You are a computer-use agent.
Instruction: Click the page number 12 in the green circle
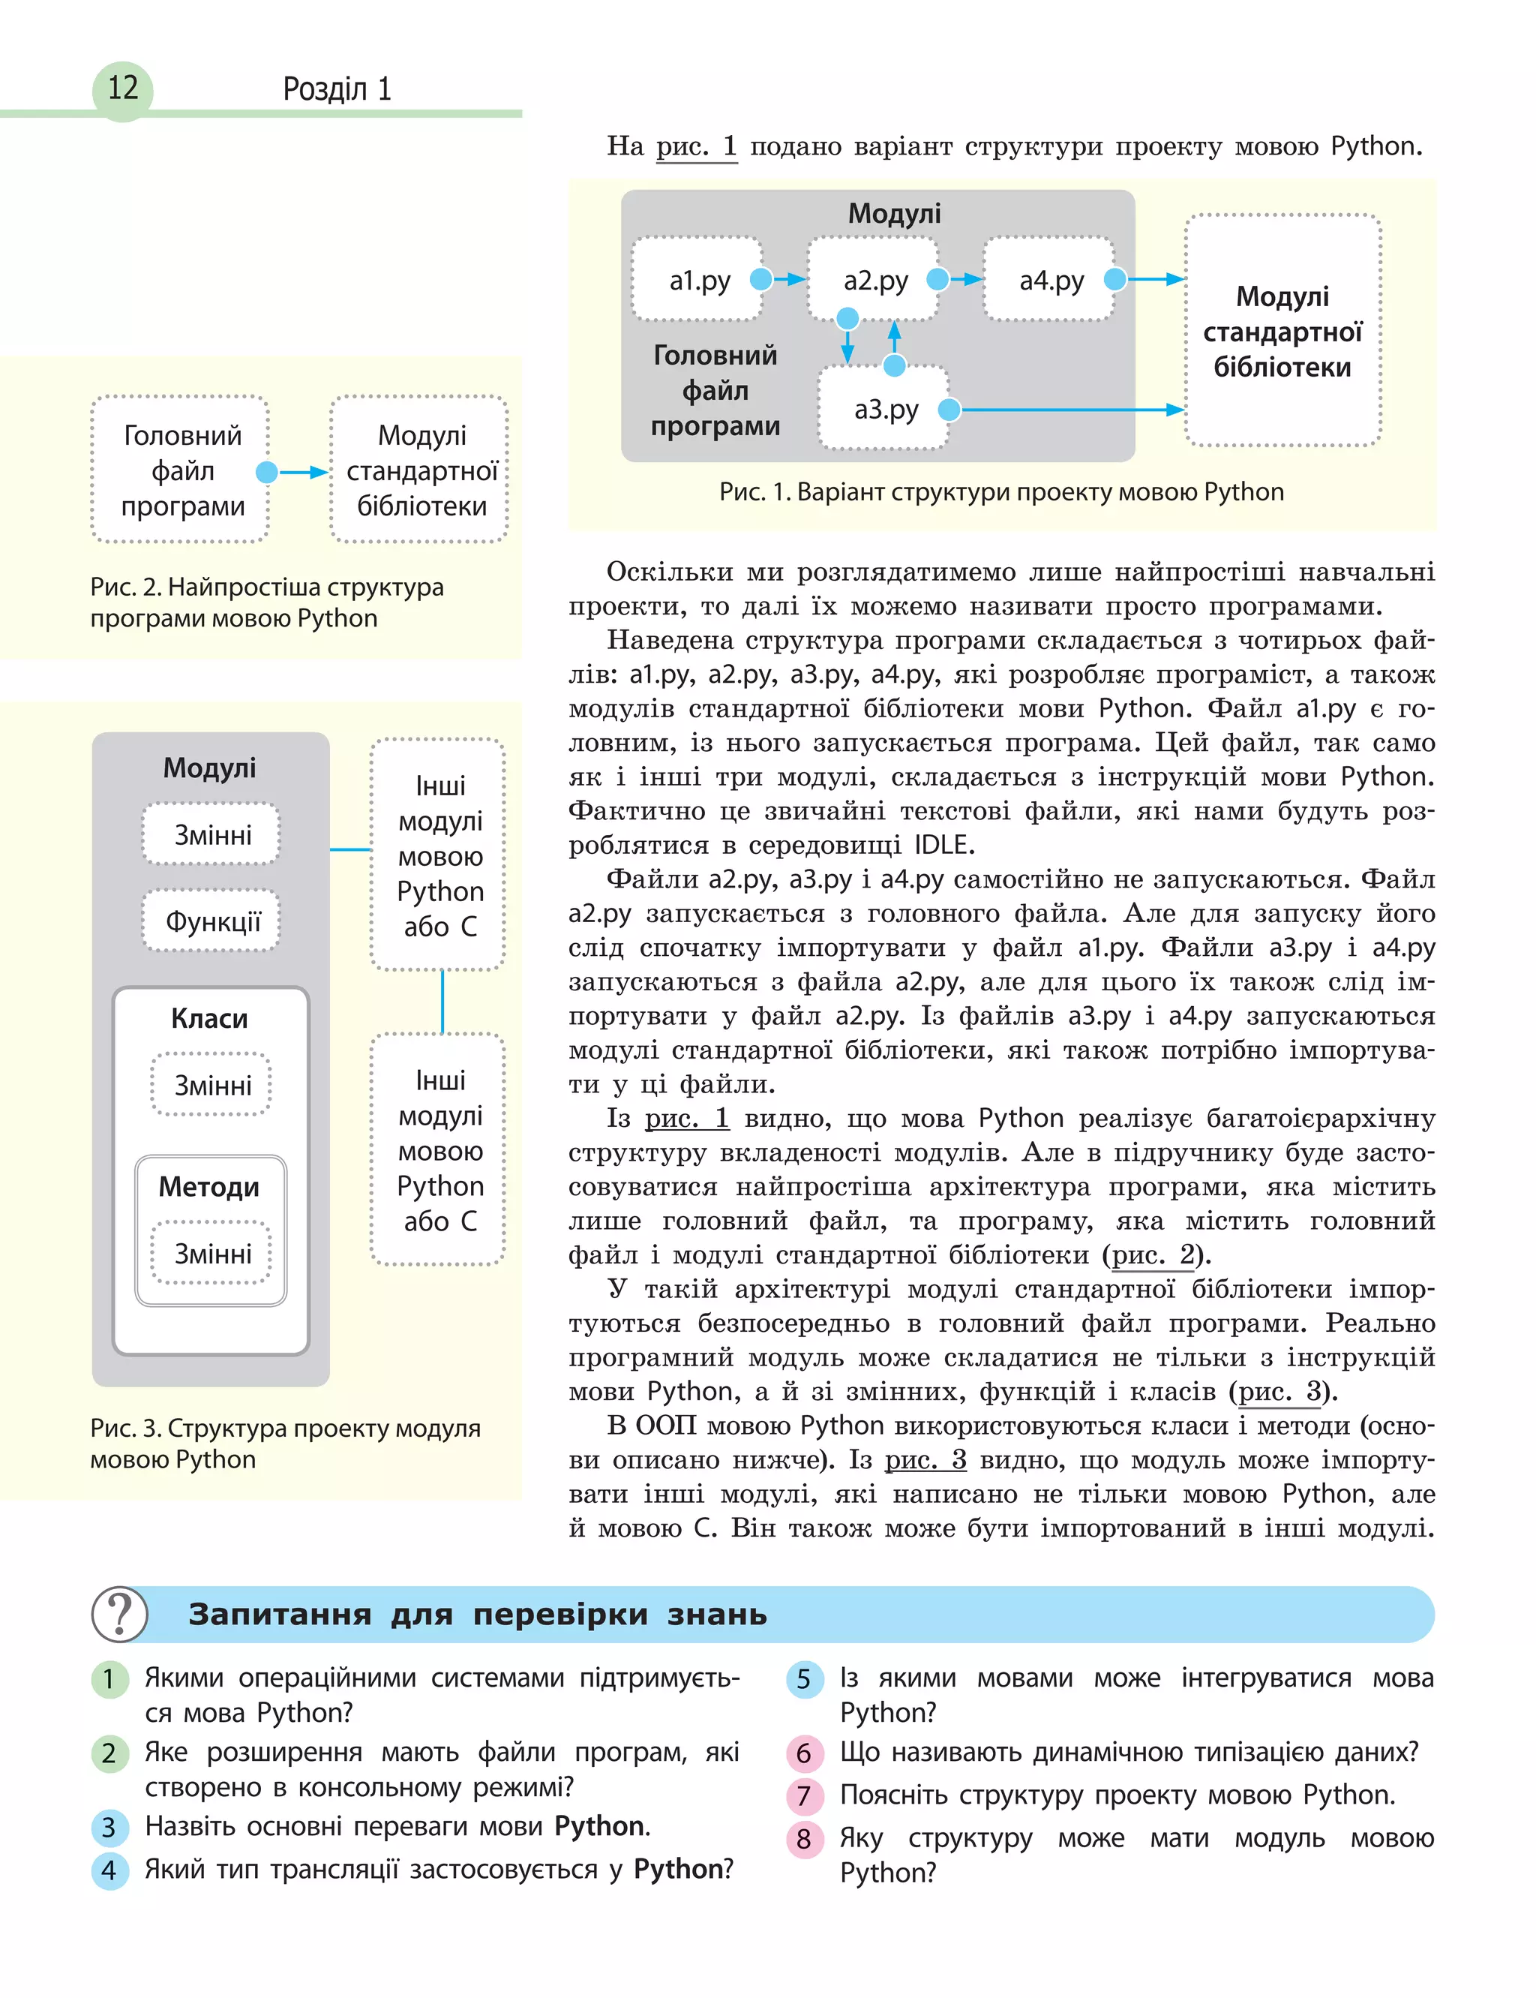122,89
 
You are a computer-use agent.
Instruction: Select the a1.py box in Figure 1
698,280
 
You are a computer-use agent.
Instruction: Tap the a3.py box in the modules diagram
884,409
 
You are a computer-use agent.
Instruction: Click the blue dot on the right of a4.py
1114,279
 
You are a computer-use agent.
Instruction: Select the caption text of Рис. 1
1001,492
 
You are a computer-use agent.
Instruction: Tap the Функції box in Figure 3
211,921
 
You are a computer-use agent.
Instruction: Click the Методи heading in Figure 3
209,1187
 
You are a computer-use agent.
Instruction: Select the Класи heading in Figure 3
209,1019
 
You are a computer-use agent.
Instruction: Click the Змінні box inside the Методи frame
211,1254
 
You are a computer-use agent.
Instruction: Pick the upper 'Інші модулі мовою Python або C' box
439,856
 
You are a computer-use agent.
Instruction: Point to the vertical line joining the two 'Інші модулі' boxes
442,1002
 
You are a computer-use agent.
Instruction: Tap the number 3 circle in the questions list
109,1827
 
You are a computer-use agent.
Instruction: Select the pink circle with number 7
804,1796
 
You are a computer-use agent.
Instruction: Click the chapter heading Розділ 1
337,89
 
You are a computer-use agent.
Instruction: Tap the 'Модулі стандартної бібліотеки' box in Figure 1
1282,331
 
